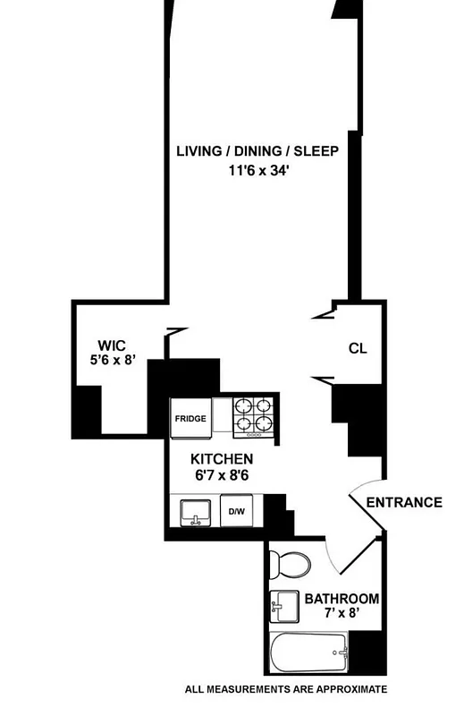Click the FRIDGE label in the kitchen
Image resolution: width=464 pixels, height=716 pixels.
click(x=190, y=418)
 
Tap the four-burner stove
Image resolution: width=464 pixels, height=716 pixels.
click(x=253, y=417)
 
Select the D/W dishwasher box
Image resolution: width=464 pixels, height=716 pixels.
click(x=237, y=512)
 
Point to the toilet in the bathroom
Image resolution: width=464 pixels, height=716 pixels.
click(x=291, y=564)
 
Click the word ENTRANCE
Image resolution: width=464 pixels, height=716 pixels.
click(x=404, y=502)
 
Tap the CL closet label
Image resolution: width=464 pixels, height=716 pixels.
click(x=358, y=349)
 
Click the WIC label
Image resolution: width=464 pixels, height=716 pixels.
click(x=112, y=346)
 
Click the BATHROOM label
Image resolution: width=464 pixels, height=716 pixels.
click(x=342, y=599)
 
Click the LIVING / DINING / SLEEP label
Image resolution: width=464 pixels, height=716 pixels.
click(x=257, y=150)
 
